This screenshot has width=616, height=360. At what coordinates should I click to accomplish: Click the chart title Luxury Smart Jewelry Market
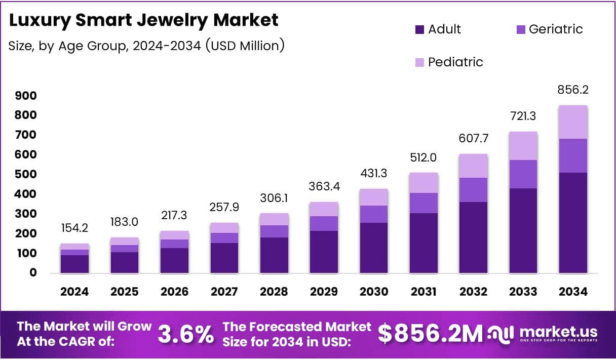pos(144,20)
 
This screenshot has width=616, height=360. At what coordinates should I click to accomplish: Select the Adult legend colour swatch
pos(419,30)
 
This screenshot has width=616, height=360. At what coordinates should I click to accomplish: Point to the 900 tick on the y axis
pos(26,96)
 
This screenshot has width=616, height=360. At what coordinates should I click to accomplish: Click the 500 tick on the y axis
pos(26,175)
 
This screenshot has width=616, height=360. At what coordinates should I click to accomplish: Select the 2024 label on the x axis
pos(74,292)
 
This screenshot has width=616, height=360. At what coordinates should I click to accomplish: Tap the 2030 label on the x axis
pos(374,292)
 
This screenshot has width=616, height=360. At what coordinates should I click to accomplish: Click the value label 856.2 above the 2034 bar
pos(573,90)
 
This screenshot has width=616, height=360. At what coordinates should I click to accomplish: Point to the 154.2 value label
pos(74,227)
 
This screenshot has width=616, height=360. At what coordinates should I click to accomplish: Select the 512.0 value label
pos(423,157)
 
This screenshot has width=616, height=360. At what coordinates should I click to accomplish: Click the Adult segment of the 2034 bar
pos(573,223)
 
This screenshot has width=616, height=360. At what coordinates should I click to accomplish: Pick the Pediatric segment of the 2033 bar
pos(523,146)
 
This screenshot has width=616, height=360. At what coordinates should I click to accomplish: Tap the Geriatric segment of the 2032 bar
pos(474,190)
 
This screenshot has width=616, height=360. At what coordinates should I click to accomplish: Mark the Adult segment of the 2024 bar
pos(74,264)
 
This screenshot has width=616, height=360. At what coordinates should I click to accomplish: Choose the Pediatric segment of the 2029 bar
pos(324,209)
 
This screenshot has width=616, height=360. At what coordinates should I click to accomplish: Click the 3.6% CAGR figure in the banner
pos(185,334)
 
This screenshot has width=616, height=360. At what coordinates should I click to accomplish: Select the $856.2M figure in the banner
pos(431,334)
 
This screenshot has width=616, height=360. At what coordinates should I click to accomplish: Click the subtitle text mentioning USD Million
pos(146,46)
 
